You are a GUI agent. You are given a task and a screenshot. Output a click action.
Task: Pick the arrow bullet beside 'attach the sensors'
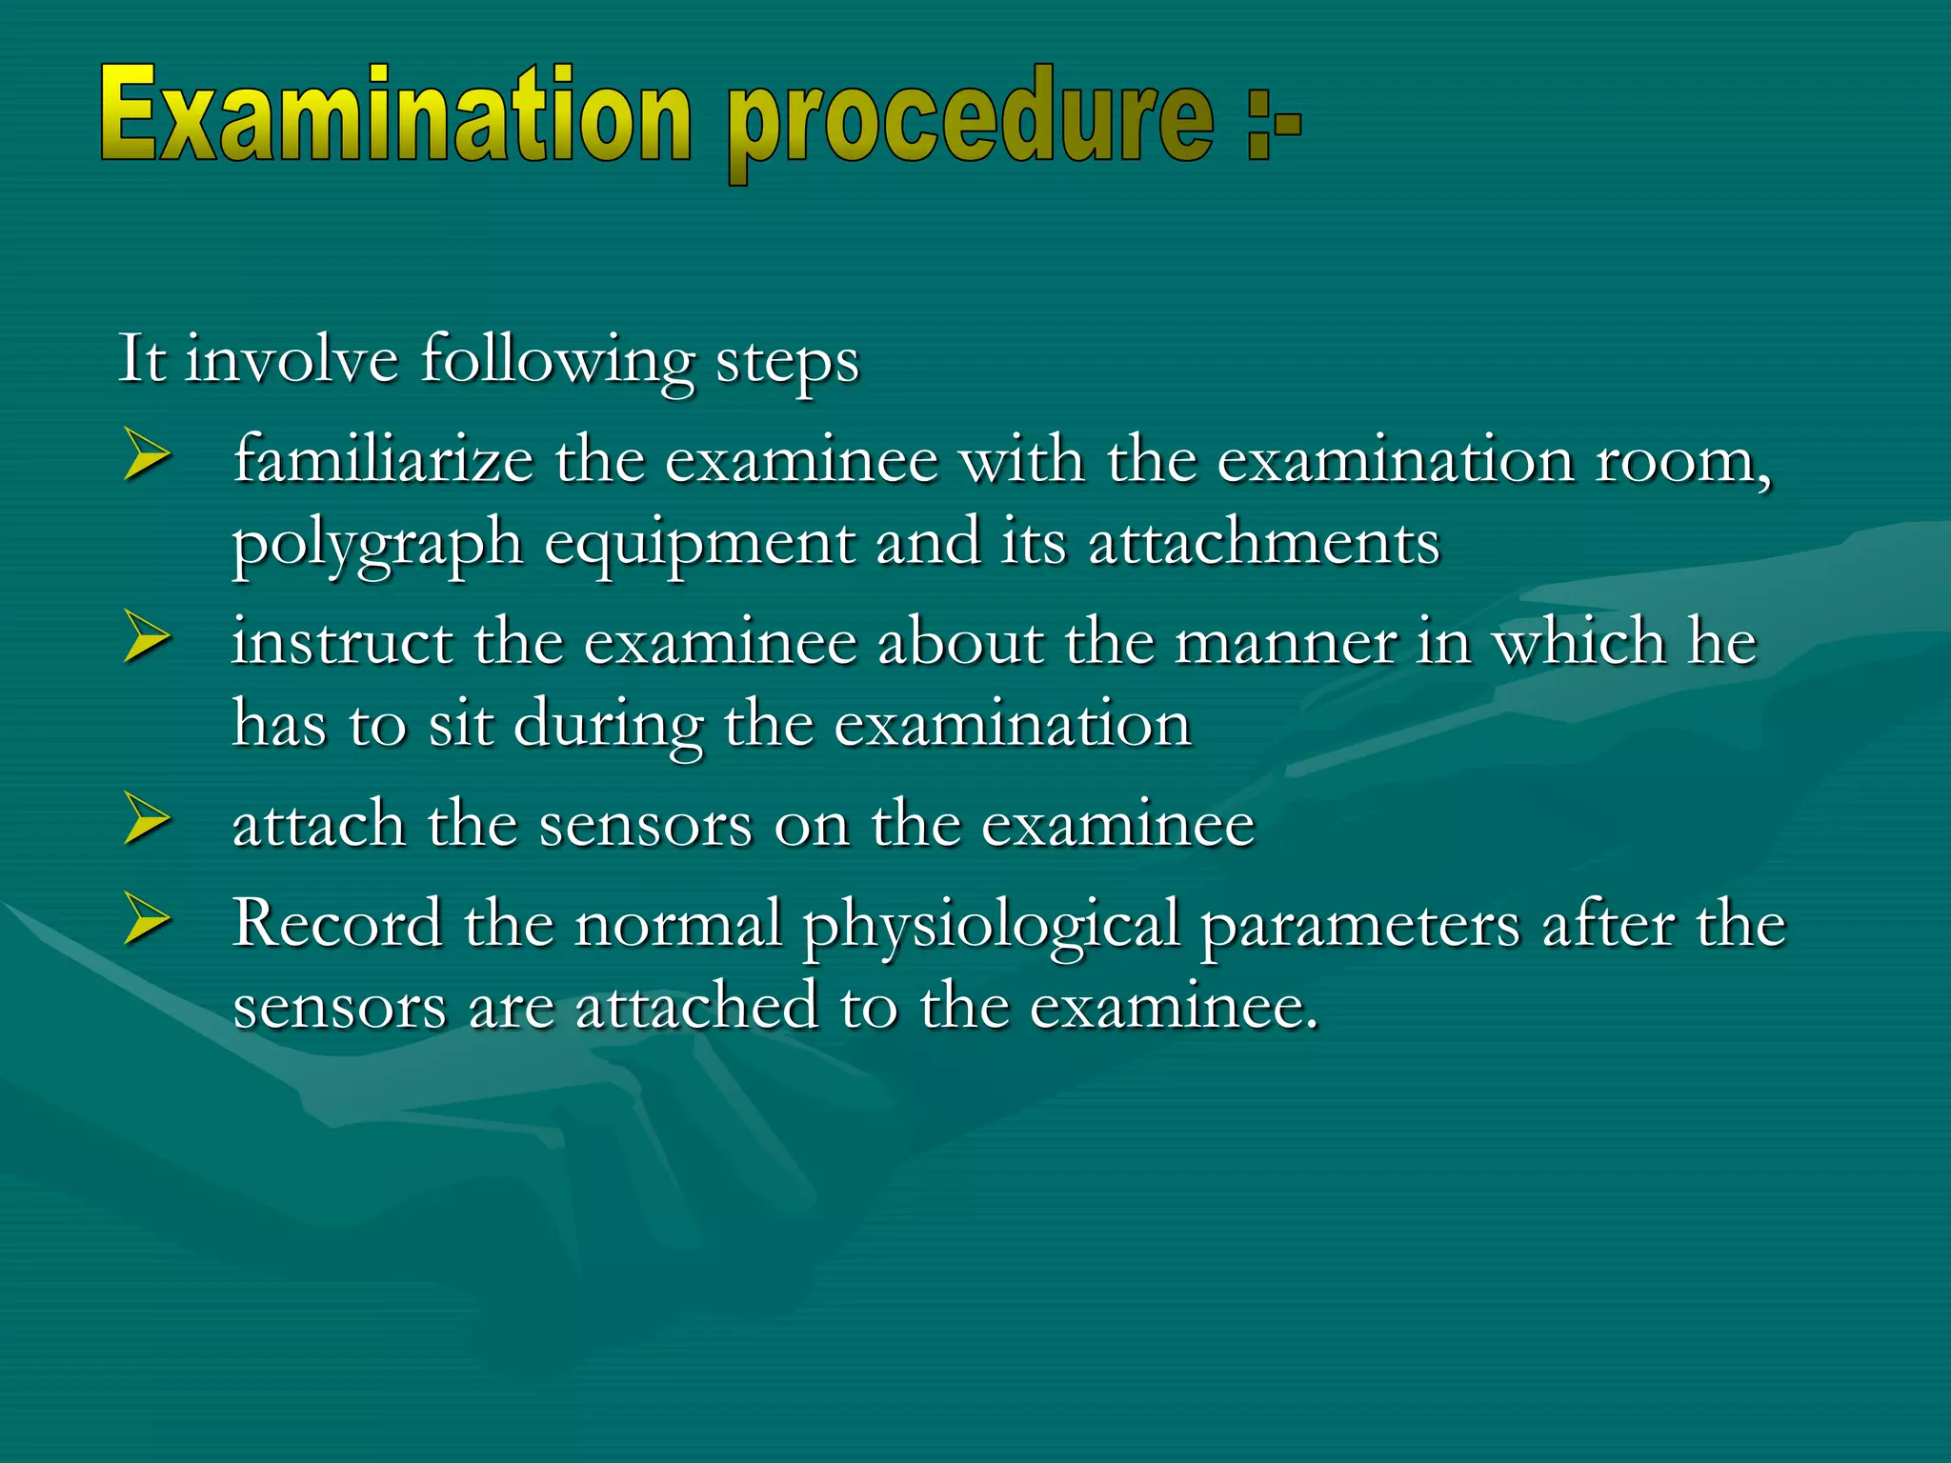[x=147, y=820]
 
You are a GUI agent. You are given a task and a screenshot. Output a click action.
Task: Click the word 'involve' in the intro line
[x=292, y=360]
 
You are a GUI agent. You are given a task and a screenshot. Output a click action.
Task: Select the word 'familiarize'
[x=383, y=459]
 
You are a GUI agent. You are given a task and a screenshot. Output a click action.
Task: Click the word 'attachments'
[x=1263, y=543]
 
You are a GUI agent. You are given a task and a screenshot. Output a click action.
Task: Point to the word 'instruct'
[x=342, y=641]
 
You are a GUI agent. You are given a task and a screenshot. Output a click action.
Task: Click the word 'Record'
[x=337, y=923]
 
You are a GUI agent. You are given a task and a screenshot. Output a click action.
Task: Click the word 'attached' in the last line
[x=696, y=1006]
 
